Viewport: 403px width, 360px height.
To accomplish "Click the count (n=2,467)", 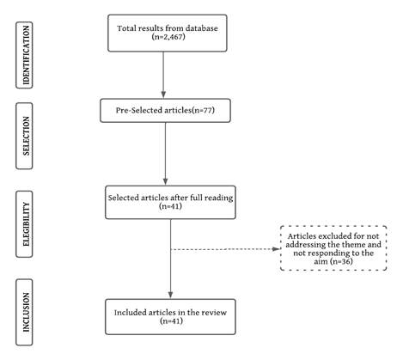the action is [168, 37].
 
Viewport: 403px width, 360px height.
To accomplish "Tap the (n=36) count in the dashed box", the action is [341, 261].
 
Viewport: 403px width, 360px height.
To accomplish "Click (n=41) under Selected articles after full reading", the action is [170, 206].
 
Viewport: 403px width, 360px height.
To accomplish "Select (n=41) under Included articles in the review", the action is [171, 320].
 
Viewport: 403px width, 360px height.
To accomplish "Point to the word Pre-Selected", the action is [139, 110].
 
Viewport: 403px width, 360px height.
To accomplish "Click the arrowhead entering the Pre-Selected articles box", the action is [163, 95].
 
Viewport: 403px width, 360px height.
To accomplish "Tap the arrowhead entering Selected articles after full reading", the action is [165, 181].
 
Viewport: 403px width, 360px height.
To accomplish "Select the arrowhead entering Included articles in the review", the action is [170, 295].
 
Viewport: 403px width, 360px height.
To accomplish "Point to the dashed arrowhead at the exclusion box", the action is [276, 249].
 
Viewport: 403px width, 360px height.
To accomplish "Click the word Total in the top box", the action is [125, 28].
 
